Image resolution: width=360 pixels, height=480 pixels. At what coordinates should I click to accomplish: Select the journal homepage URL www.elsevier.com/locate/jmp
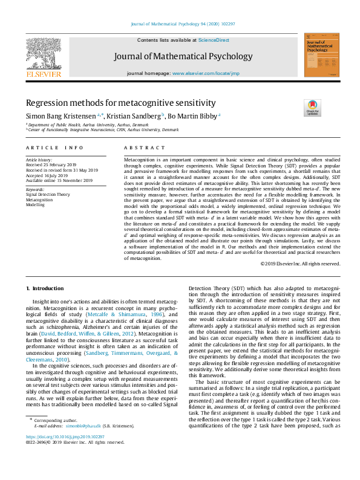click(205, 73)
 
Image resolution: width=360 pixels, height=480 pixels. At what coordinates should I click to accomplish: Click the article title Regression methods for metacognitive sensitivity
click(120, 103)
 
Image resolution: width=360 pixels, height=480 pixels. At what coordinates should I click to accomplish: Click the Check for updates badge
click(313, 108)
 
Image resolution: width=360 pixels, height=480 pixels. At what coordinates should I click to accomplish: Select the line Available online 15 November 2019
click(59, 180)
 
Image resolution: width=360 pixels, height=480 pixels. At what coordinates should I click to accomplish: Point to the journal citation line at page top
click(180, 24)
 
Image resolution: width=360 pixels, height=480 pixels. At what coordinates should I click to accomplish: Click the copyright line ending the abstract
click(300, 264)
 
